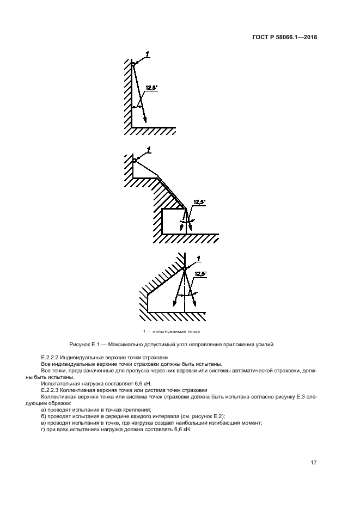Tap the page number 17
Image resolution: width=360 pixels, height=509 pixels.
point(313,463)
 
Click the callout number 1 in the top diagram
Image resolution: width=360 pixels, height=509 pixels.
point(147,53)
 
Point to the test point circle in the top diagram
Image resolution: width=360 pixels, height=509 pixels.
point(132,64)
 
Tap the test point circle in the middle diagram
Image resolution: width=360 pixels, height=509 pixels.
point(134,160)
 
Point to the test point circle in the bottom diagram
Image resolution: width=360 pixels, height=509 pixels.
point(185,268)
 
